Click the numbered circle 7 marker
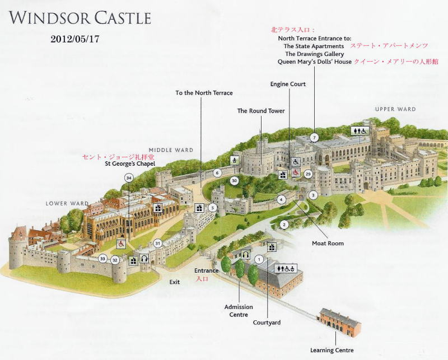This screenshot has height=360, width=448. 315,137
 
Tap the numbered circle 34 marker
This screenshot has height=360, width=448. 129,177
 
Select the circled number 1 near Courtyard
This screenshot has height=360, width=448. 259,259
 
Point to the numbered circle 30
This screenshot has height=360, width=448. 234,180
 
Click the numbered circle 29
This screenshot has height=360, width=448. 307,174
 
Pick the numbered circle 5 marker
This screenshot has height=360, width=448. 212,208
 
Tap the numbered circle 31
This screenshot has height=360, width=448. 158,243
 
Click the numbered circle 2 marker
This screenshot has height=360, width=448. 284,225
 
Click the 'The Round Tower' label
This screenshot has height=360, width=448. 261,111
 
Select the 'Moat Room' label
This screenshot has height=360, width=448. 328,244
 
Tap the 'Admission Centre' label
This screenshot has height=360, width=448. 239,311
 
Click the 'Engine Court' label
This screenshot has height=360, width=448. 288,84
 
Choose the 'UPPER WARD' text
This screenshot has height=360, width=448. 395,109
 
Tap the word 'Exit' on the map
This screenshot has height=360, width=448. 175,282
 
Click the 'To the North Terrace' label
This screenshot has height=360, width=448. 204,93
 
